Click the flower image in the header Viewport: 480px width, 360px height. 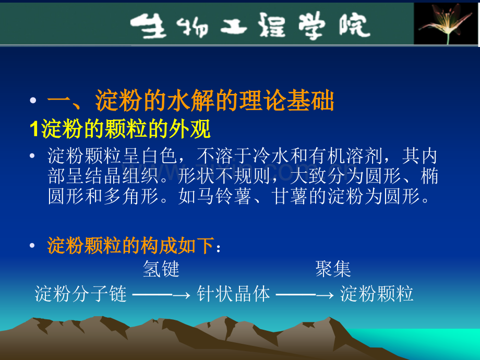tap(447, 23)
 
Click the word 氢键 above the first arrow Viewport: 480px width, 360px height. tap(161, 269)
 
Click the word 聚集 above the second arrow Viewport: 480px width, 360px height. tap(333, 269)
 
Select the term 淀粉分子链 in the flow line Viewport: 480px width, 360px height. tap(81, 294)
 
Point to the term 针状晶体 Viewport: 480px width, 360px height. tap(233, 294)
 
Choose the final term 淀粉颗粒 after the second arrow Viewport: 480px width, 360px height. tap(377, 294)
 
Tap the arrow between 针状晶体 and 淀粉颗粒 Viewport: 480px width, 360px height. tap(305, 295)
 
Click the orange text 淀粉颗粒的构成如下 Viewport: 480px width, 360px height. tap(130, 245)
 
